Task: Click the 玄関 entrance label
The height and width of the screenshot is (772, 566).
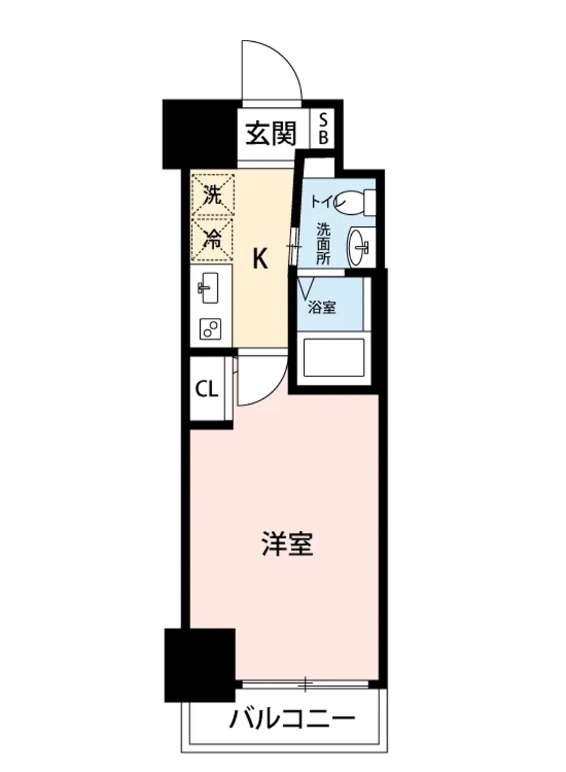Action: [271, 134]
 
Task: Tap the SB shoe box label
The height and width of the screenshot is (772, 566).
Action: [324, 128]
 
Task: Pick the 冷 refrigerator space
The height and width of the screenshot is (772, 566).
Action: [212, 240]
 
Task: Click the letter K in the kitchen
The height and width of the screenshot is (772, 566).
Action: [260, 259]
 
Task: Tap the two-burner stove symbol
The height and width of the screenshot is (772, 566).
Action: [210, 329]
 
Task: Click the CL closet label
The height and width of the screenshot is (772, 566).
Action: [207, 389]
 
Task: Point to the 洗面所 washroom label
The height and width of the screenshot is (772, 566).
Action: [323, 242]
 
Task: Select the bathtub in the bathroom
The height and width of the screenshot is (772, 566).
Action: [334, 358]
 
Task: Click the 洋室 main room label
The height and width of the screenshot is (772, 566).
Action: [287, 545]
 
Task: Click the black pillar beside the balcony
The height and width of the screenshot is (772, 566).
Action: [200, 665]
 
